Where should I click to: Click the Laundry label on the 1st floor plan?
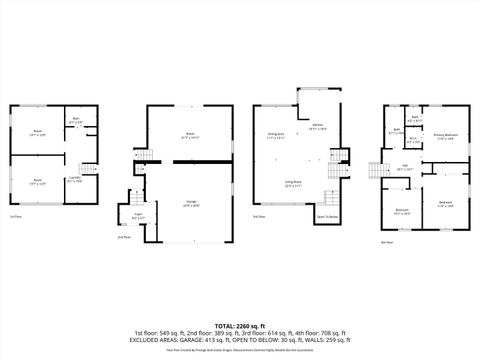73,180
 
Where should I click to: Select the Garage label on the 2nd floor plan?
189,204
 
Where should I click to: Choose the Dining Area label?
275,137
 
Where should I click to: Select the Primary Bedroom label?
445,136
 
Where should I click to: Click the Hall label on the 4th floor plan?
405,168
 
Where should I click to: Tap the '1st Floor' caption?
16,215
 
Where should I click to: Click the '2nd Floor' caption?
123,237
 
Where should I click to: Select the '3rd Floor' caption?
259,215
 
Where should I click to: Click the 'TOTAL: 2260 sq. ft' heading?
239,326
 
